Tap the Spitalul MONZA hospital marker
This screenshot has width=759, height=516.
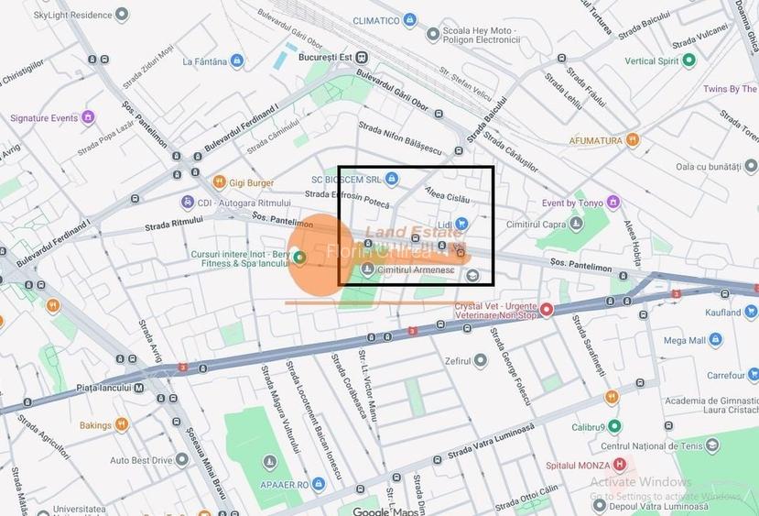click(620, 466)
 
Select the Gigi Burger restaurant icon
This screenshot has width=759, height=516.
click(219, 182)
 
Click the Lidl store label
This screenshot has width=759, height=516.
click(446, 224)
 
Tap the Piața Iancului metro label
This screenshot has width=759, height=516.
click(108, 388)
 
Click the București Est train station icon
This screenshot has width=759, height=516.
click(363, 56)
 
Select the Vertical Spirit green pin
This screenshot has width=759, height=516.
click(689, 60)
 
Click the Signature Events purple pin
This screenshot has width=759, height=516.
click(88, 117)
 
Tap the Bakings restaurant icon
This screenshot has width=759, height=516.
click(121, 425)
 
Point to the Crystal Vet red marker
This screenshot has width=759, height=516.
click(547, 310)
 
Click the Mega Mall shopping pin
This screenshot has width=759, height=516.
click(715, 340)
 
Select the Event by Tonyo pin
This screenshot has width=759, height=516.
click(613, 203)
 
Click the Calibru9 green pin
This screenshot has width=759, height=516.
click(614, 426)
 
